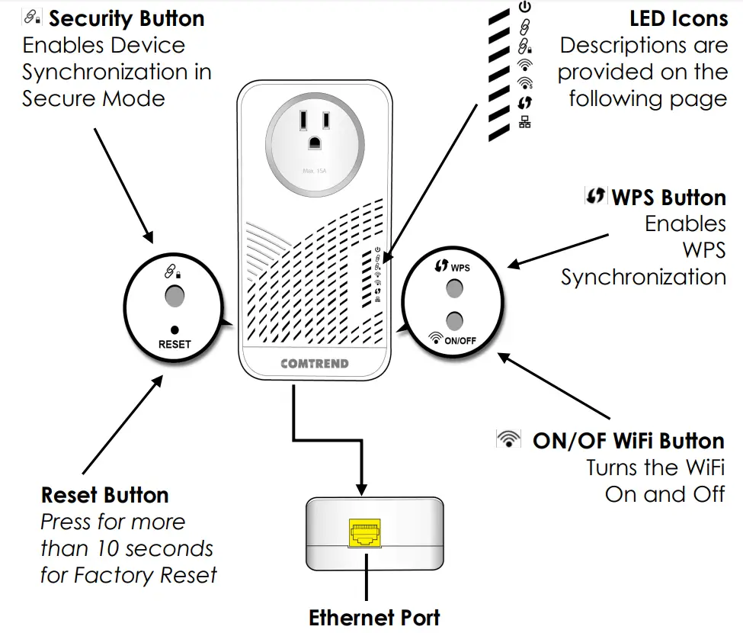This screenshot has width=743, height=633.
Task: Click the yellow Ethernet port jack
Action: tap(365, 533)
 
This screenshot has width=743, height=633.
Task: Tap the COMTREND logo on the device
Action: tap(315, 364)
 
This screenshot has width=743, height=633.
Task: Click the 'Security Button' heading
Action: tap(127, 19)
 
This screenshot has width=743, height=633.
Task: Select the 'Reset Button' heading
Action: tap(104, 495)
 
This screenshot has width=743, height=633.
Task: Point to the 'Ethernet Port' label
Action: tap(374, 618)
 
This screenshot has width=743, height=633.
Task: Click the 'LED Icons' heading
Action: tap(678, 19)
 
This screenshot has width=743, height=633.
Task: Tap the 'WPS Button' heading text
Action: tap(668, 198)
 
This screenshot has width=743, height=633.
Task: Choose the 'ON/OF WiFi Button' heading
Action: tap(629, 441)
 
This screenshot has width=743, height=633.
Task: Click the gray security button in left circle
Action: tap(175, 296)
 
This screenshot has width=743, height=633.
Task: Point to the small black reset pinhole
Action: tap(175, 329)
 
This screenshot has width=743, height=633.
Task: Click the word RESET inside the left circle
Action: tap(175, 345)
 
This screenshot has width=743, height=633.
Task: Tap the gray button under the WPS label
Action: tap(454, 288)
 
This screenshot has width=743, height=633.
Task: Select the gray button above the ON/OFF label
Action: tap(454, 320)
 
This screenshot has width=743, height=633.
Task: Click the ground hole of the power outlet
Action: tap(315, 143)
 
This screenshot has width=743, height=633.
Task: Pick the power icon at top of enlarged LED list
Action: tap(524, 7)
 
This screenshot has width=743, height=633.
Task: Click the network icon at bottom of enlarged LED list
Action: tap(524, 122)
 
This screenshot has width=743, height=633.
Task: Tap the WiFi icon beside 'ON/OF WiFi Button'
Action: tap(508, 439)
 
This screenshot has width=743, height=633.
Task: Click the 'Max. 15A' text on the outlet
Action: tap(315, 171)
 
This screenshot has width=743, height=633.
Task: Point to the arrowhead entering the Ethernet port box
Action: tap(361, 490)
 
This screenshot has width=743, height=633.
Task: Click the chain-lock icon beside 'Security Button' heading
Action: tap(32, 17)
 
